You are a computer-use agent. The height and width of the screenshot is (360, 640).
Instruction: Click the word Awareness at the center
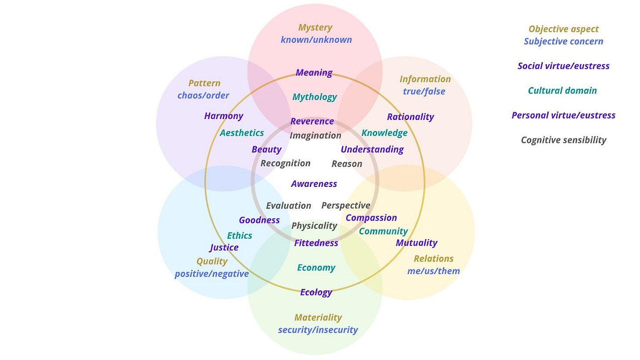(x=314, y=184)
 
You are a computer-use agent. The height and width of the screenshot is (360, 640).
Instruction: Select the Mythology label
(x=315, y=97)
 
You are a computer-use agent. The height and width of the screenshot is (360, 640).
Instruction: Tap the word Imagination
(x=315, y=135)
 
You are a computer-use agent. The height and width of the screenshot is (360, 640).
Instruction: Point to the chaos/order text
(x=203, y=95)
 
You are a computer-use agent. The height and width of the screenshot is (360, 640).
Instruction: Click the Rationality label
(x=410, y=117)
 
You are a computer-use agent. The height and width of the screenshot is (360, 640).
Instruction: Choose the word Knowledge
(x=384, y=133)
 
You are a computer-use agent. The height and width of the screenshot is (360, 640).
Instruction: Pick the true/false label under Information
(x=424, y=91)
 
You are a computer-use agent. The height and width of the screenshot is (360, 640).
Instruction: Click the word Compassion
(x=371, y=218)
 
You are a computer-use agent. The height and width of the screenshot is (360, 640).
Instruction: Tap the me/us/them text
(x=433, y=271)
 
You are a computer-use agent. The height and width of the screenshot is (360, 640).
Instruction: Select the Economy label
(x=316, y=268)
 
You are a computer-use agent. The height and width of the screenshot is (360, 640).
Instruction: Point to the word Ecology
(x=316, y=292)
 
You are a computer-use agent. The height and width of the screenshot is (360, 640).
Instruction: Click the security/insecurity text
(x=318, y=330)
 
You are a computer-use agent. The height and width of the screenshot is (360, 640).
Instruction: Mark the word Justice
(x=224, y=247)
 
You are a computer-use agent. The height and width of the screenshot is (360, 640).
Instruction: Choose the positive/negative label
(x=211, y=274)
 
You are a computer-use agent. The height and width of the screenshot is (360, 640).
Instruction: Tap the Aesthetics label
(x=242, y=133)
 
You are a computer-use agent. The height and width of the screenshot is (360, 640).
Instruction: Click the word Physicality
(x=314, y=226)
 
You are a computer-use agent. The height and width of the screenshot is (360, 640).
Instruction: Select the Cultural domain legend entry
(x=562, y=91)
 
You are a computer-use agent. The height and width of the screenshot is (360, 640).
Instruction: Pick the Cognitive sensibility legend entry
(x=564, y=140)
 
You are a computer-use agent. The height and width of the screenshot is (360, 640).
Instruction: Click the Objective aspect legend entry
(x=564, y=29)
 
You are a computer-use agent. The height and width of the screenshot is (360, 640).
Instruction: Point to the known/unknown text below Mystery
(x=316, y=40)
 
